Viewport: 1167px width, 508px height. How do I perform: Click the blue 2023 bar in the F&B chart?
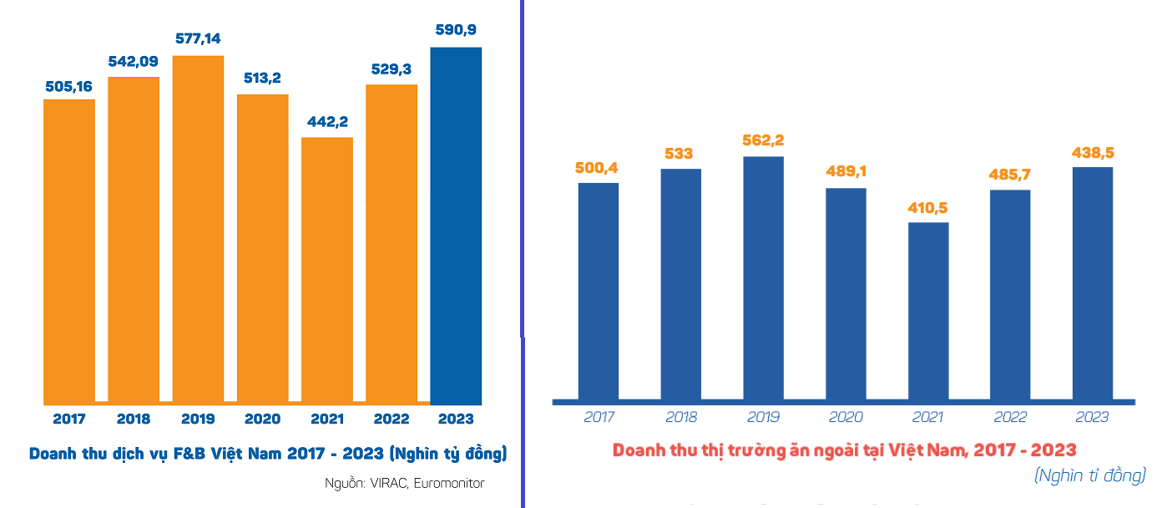click(x=456, y=226)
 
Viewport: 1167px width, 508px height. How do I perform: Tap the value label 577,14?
click(x=198, y=38)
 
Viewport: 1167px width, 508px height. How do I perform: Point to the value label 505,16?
click(x=68, y=86)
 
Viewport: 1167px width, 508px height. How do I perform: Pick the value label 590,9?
click(x=456, y=31)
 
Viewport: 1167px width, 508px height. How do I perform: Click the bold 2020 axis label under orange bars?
click(x=262, y=419)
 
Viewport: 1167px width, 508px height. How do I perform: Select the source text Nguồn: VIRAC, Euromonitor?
click(x=405, y=483)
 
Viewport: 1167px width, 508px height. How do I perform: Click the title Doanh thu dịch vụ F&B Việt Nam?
click(x=268, y=454)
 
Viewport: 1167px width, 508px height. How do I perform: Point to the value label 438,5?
click(x=1093, y=154)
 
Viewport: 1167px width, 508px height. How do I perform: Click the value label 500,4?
click(x=598, y=169)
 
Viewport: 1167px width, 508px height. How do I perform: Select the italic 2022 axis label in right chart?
click(x=1010, y=417)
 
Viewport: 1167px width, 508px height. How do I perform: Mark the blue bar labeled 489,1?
click(x=846, y=293)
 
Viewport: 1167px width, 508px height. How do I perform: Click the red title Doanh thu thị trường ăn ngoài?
click(x=844, y=450)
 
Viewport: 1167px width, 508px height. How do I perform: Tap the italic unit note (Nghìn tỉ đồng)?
click(x=1089, y=475)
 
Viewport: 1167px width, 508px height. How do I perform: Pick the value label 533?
click(x=680, y=154)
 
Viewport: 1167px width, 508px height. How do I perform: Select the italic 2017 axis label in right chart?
click(x=599, y=417)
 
